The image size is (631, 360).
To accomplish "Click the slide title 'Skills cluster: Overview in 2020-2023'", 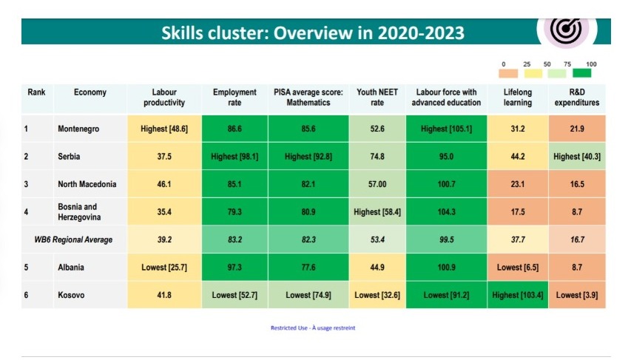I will [313, 33].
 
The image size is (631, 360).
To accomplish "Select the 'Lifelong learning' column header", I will [518, 98].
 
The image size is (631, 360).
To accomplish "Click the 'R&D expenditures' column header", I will [577, 98].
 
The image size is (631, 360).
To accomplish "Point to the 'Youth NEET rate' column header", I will [377, 98].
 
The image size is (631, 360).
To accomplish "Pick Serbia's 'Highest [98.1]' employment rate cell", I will [234, 156].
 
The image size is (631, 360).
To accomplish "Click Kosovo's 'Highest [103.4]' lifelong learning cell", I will [518, 295].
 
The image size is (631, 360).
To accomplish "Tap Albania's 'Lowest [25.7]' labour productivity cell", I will [163, 267].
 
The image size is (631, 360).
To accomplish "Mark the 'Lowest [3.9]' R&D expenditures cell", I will [577, 295].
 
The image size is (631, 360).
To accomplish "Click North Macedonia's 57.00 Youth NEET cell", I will [377, 184].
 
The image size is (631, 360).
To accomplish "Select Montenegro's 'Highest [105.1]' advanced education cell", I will [445, 129].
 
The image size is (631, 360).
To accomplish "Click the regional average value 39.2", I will [163, 240].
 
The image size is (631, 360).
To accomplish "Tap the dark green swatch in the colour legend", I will [584, 74].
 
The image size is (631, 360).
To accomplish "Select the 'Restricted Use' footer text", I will [313, 328].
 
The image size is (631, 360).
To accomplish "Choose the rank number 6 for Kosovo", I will [26, 295].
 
